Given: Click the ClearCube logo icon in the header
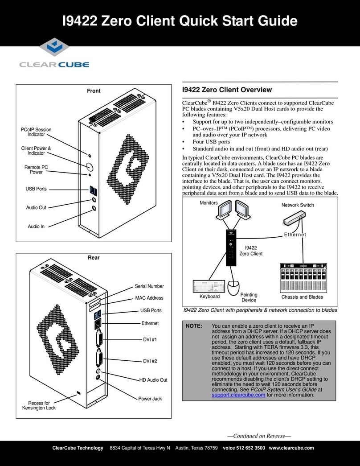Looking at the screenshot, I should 53,50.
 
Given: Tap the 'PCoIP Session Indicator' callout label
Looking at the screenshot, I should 37,132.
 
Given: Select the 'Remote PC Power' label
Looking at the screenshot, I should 36,169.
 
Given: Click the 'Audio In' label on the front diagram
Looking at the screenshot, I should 36,227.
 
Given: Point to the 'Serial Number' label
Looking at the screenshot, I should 149,286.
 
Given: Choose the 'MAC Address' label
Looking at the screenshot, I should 149,298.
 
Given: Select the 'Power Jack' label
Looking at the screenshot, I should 150,399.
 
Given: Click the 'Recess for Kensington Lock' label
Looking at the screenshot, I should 39,405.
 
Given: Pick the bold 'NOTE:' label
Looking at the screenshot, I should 194,326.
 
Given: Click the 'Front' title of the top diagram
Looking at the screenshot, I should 94,91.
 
